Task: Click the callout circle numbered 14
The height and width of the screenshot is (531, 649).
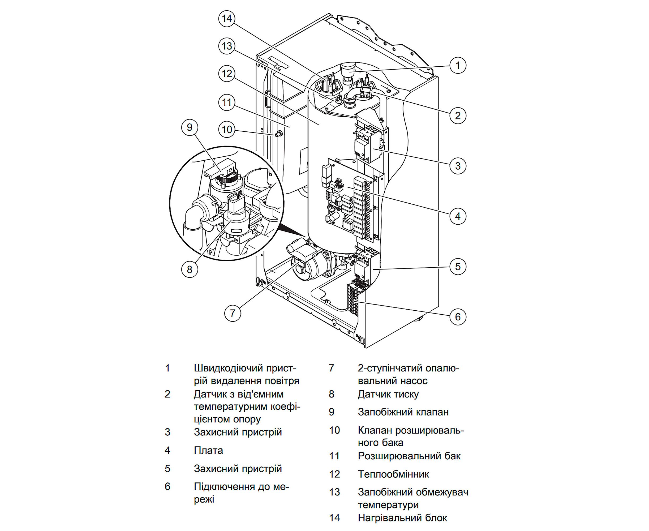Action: tap(227, 19)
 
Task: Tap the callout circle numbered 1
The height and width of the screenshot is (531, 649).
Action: tap(458, 66)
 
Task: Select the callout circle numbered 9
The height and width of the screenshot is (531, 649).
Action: tap(190, 127)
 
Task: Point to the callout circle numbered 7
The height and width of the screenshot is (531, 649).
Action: tap(233, 313)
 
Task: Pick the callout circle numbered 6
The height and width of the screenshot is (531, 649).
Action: tap(458, 316)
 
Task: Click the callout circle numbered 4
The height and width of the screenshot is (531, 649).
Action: tap(458, 216)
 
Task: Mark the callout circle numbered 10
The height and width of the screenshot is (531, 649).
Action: tap(227, 130)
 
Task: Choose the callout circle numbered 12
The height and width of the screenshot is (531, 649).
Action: tap(227, 74)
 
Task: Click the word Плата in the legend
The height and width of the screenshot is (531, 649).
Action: tap(208, 450)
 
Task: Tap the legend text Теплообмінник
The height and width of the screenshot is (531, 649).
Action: tap(393, 474)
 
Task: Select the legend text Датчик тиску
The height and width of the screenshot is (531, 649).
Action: tap(388, 394)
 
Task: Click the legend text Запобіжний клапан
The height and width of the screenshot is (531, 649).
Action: tap(403, 412)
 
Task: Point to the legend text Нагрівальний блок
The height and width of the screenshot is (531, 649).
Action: tap(402, 517)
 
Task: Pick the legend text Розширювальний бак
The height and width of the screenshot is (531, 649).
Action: tap(409, 456)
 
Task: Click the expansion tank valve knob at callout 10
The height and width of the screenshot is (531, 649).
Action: tap(279, 134)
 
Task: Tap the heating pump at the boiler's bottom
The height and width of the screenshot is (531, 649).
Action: tap(309, 266)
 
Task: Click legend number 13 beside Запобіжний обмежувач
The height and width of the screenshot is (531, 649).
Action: tap(334, 492)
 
